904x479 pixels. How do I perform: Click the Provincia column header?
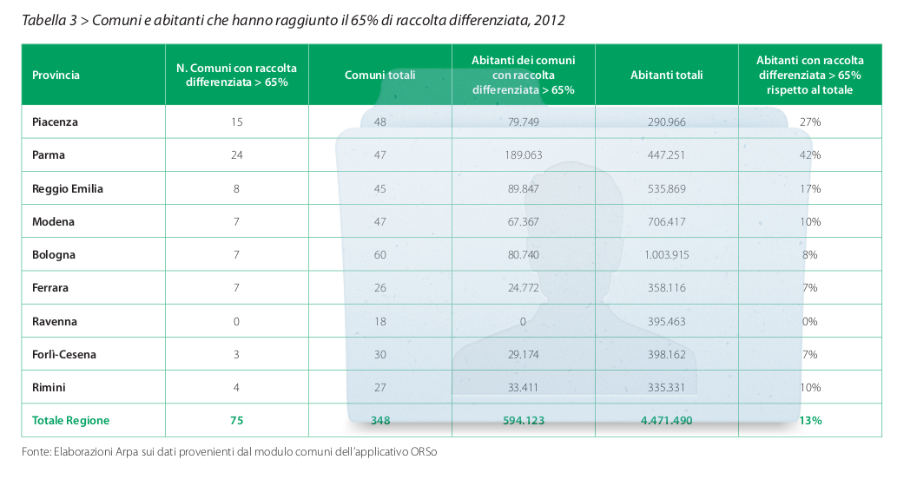coord(56,75)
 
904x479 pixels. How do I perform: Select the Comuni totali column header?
coord(380,75)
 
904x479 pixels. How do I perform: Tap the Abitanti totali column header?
coord(666,75)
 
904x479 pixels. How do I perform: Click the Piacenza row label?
coord(55,121)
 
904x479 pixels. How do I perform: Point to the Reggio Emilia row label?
coord(68,188)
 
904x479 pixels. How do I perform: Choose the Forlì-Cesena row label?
coord(64,354)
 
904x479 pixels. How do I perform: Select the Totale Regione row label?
coord(70,420)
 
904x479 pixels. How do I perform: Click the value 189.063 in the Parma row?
coord(524,155)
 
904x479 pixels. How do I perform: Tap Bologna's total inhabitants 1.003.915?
coord(666,255)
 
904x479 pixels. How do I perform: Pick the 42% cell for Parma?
coord(810,155)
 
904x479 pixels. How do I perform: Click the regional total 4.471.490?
coord(666,421)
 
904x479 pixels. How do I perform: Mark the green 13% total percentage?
coord(810,421)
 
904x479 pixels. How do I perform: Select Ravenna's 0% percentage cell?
coord(810,321)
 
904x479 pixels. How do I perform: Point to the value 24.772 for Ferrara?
coord(524,287)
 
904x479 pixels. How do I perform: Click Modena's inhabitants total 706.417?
coord(666,221)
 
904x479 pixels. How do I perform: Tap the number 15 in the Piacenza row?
coord(237,121)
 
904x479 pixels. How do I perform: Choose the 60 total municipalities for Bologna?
coord(380,255)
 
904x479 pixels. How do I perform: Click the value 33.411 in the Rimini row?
coord(523,387)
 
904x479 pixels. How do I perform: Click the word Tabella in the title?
coord(43,20)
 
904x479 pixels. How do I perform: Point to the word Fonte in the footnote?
coord(35,452)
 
